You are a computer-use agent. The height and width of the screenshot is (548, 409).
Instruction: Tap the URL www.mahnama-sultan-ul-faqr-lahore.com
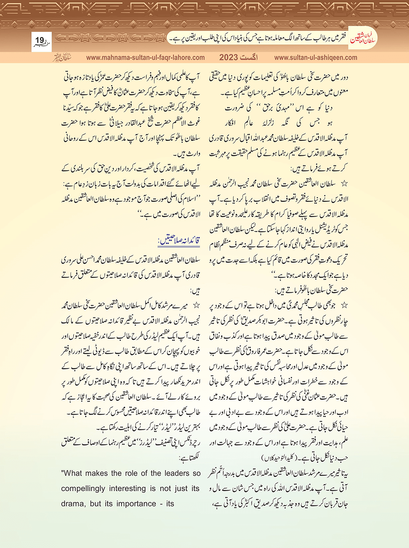click(x=146, y=57)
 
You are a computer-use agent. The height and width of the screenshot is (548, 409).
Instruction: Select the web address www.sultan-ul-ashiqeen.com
click(x=316, y=57)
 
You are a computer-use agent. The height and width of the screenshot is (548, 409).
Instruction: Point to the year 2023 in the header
click(x=228, y=57)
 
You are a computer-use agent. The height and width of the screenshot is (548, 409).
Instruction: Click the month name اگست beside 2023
click(x=249, y=57)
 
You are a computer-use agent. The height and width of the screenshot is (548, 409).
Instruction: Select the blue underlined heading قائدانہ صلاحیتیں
click(x=179, y=241)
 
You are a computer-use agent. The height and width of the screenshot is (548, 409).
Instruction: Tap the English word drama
click(x=73, y=504)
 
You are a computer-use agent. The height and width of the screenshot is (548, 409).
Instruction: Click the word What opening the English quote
click(x=72, y=474)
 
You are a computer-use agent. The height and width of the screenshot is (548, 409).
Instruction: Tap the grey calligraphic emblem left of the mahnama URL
click(x=62, y=57)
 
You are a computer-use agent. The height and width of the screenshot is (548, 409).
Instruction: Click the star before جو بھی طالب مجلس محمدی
click(x=344, y=305)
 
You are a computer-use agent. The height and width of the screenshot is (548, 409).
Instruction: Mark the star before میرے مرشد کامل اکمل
click(x=196, y=305)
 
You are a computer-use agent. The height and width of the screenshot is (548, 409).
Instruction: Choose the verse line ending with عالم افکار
click(x=279, y=123)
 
